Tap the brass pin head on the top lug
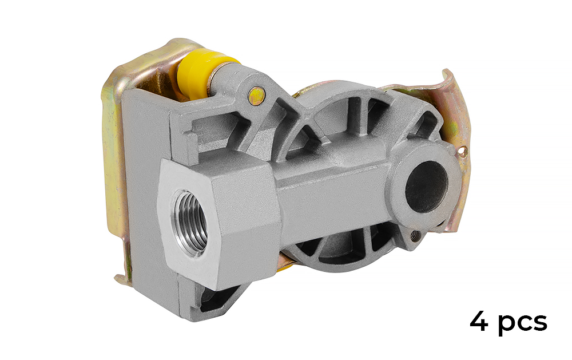point(257,96)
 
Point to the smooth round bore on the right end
point(427,187)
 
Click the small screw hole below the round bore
point(414,235)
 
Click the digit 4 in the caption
point(479,321)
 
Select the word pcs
point(523,323)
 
